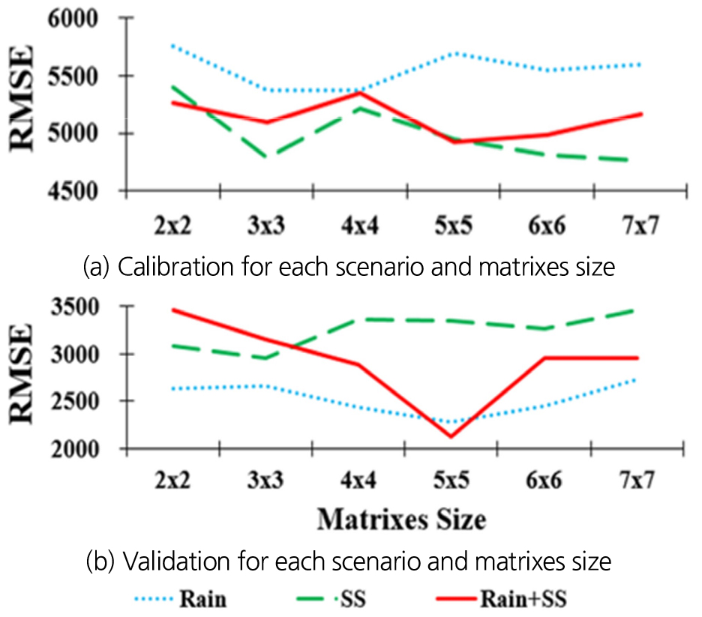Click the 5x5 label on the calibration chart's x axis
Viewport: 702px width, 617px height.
click(x=452, y=226)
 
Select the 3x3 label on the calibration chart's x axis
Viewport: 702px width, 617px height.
click(x=265, y=226)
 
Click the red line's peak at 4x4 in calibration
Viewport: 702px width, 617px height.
click(x=359, y=93)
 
